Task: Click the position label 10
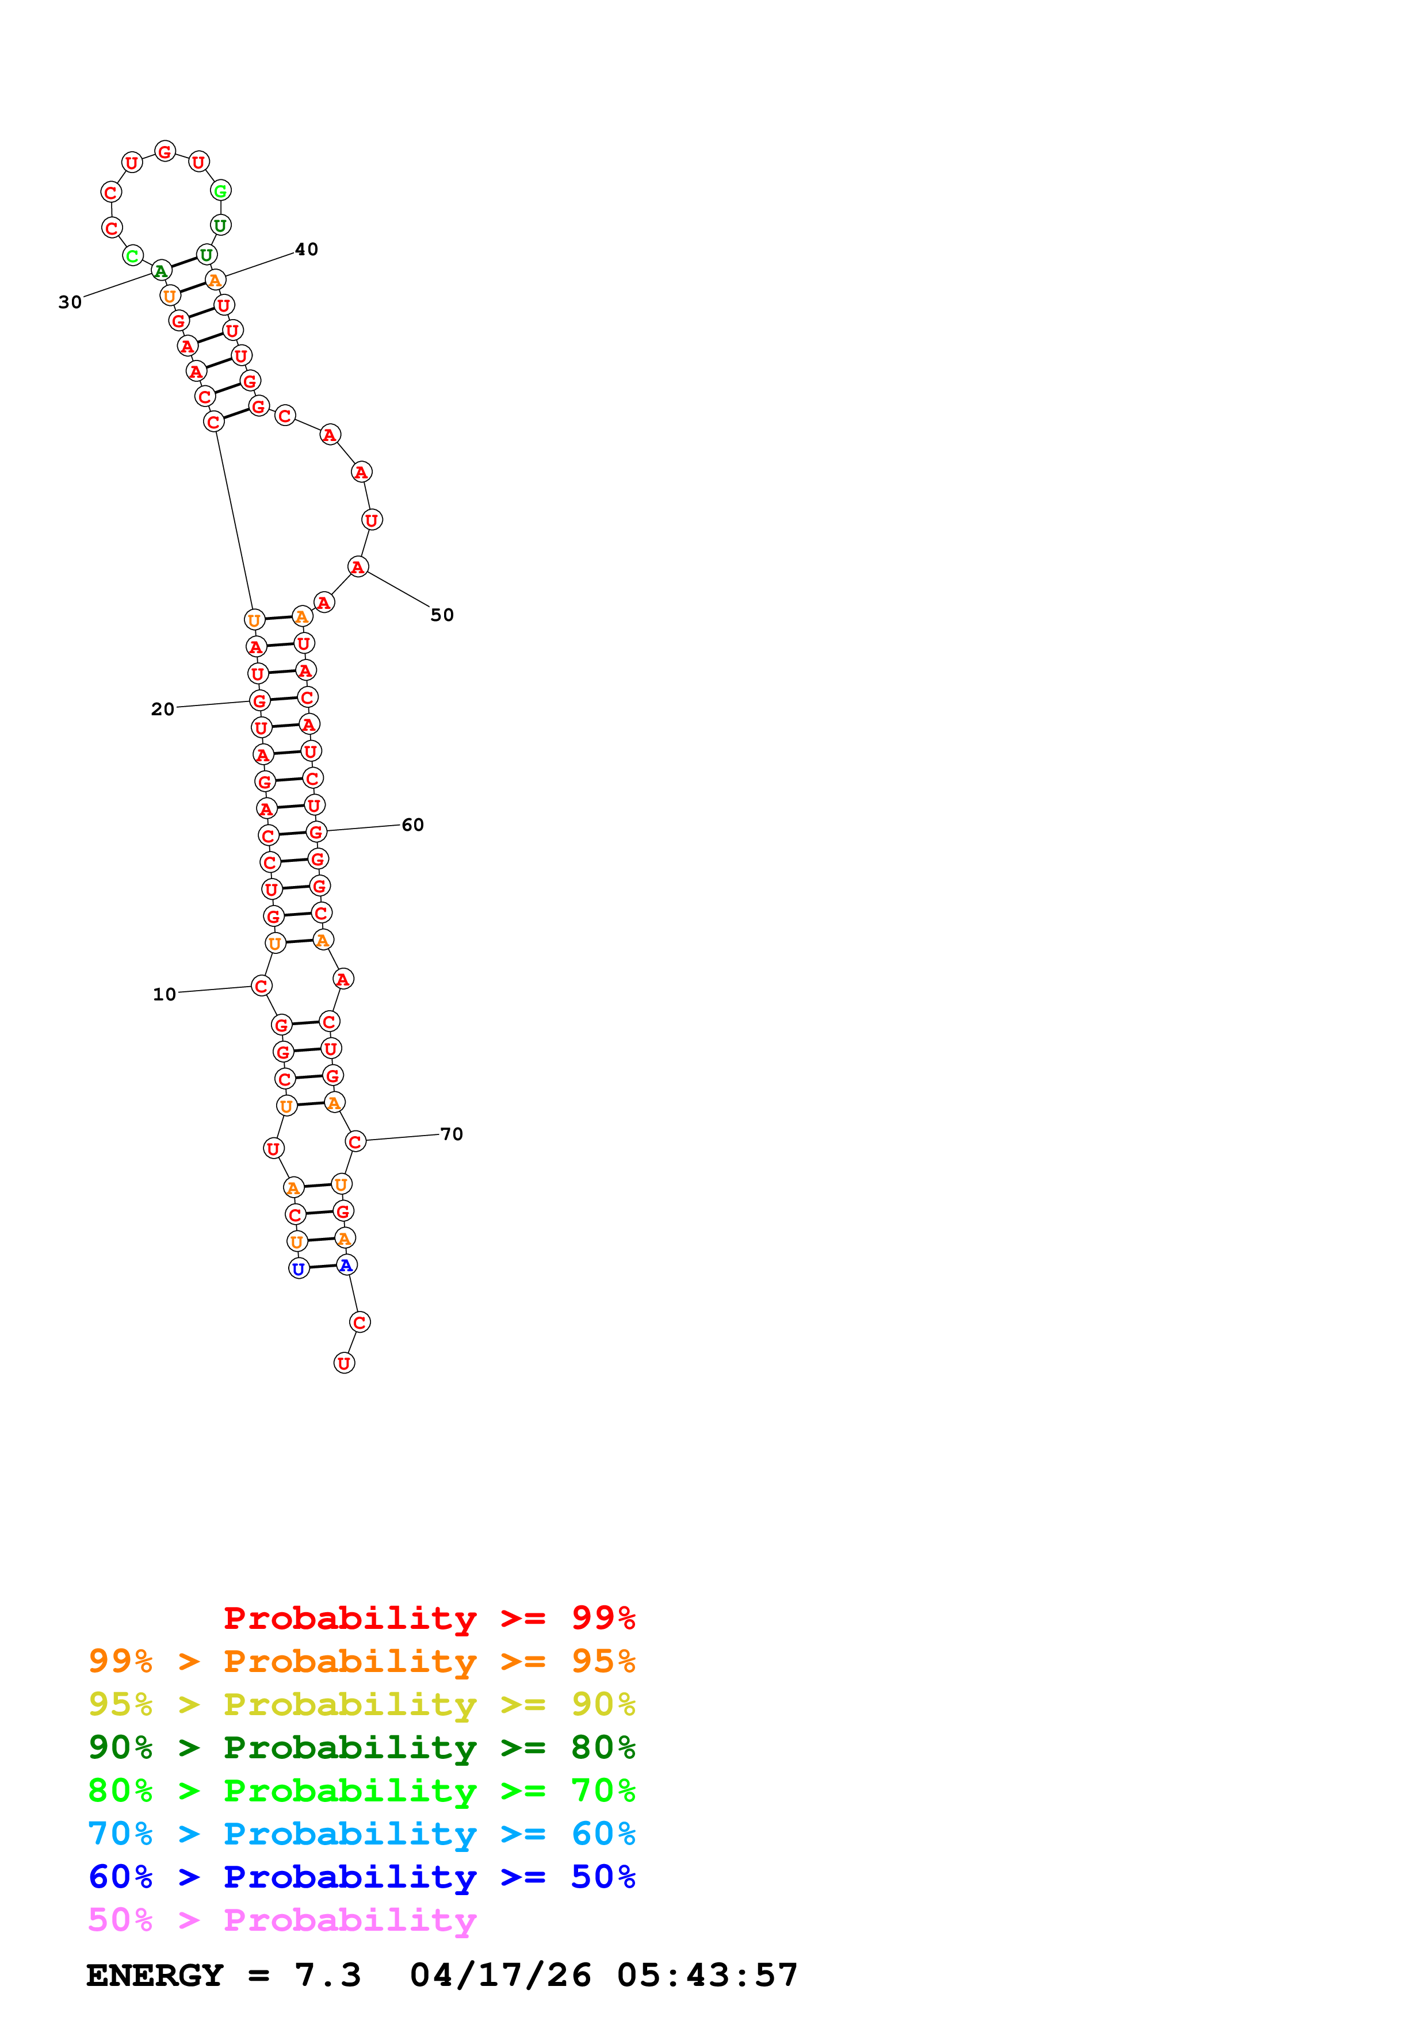click(x=165, y=995)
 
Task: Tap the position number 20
click(x=163, y=709)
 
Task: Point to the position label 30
click(x=70, y=302)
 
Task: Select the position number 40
click(x=306, y=250)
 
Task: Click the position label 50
click(x=442, y=615)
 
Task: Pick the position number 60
click(x=412, y=825)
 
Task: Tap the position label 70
click(x=451, y=1134)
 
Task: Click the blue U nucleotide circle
click(x=299, y=1268)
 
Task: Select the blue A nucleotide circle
click(x=346, y=1265)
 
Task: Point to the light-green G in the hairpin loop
click(x=220, y=191)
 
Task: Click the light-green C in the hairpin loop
click(x=132, y=256)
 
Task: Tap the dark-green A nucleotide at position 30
click(x=161, y=271)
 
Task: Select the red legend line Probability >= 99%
click(x=429, y=1618)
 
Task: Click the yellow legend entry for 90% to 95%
click(x=361, y=1704)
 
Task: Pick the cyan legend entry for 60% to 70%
click(x=361, y=1834)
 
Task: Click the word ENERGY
click(x=155, y=1975)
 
